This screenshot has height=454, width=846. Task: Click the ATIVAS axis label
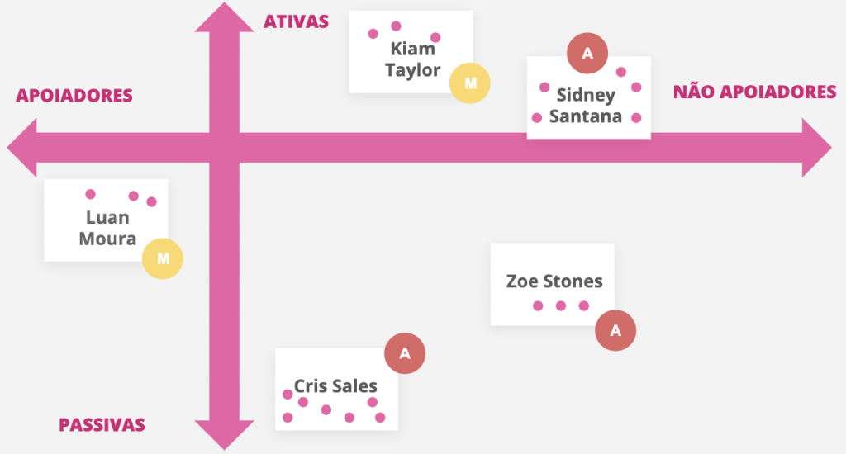296,21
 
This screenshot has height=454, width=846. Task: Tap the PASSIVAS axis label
102,425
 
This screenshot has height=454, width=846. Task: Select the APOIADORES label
74,96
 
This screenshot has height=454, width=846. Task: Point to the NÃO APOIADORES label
755,92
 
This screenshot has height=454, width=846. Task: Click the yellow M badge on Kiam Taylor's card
470,83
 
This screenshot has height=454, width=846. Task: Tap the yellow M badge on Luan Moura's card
163,259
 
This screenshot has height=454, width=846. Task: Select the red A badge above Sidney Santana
587,54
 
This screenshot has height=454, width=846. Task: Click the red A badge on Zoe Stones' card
615,330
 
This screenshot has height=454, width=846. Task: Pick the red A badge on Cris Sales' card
405,353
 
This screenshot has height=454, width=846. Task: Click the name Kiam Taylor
413,59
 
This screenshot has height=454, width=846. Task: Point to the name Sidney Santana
586,106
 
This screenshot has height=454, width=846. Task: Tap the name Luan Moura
107,228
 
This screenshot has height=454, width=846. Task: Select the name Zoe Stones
554,281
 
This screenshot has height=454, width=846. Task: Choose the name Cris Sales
335,386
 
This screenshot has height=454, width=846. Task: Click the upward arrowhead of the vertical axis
225,17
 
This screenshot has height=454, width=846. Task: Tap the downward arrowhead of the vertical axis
225,435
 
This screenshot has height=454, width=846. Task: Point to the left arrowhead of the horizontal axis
21,148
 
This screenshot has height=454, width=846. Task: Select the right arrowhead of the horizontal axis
817,148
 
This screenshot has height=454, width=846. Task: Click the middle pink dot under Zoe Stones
561,305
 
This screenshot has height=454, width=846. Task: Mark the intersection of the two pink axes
225,148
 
